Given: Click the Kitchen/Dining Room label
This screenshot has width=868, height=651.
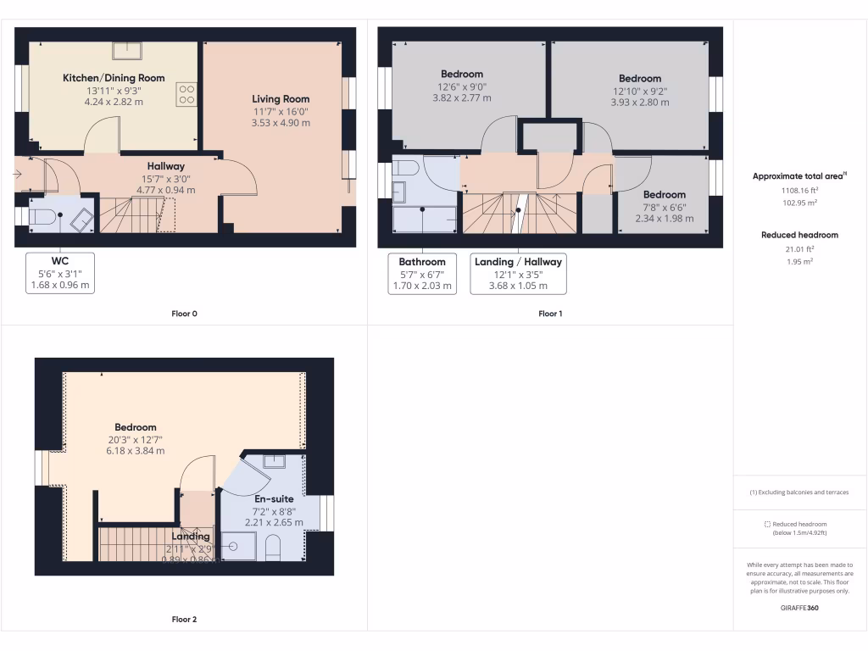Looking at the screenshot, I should click(x=114, y=78).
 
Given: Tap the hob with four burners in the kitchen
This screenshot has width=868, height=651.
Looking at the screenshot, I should click(x=186, y=94).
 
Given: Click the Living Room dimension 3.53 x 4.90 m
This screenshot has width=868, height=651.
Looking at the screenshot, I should click(x=281, y=123).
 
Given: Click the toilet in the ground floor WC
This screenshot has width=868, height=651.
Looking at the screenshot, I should click(x=43, y=218).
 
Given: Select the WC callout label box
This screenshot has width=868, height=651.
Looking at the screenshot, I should click(x=59, y=273).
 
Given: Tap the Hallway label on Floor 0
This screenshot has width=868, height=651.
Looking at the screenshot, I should click(x=165, y=166).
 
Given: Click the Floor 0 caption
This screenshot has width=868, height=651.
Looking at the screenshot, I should click(x=184, y=314).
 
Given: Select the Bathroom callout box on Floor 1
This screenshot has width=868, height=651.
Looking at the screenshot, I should click(x=422, y=274).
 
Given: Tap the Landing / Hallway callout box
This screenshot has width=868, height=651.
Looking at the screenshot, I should click(x=518, y=274).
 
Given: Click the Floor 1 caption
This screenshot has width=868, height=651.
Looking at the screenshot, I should click(x=550, y=314).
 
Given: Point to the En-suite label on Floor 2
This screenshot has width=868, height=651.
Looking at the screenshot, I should click(x=274, y=499).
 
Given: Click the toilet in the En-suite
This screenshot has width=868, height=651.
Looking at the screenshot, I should click(x=273, y=548).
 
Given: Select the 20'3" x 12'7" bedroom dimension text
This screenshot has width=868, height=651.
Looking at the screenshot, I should click(x=136, y=439).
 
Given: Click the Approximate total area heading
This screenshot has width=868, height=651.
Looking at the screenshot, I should click(x=798, y=176).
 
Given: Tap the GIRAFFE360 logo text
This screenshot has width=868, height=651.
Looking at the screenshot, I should click(x=799, y=608).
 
